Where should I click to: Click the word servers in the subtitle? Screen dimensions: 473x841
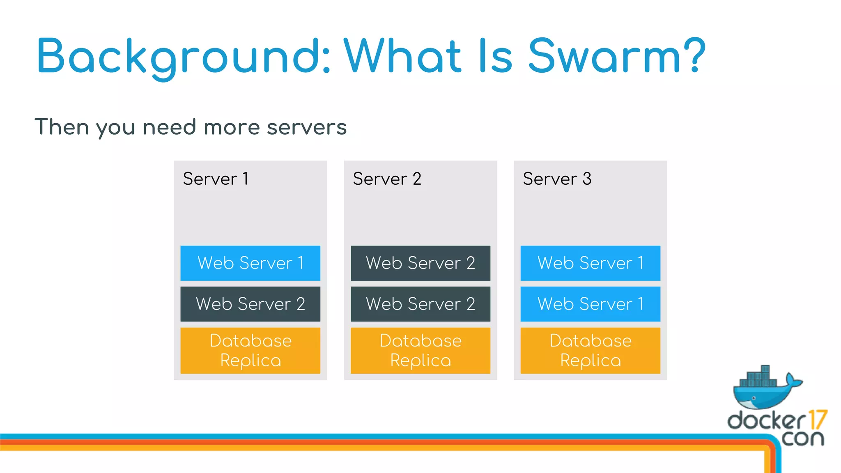(x=307, y=127)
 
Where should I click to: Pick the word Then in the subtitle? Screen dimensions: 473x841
(x=62, y=127)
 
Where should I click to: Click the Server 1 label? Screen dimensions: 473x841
(x=216, y=179)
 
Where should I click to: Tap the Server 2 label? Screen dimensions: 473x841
(x=387, y=179)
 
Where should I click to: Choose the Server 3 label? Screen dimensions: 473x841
(x=557, y=179)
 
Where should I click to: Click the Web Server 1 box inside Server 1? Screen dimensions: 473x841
(x=250, y=263)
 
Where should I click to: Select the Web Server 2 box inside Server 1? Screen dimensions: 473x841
(x=250, y=304)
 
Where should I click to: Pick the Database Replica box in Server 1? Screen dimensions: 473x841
(x=250, y=350)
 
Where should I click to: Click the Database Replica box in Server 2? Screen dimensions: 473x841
(x=420, y=350)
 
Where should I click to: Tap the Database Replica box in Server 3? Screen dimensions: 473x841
(x=590, y=350)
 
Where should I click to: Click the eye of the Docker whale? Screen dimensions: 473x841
(x=754, y=398)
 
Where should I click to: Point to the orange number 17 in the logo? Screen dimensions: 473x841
(x=817, y=420)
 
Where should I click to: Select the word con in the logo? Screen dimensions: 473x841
(x=802, y=438)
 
